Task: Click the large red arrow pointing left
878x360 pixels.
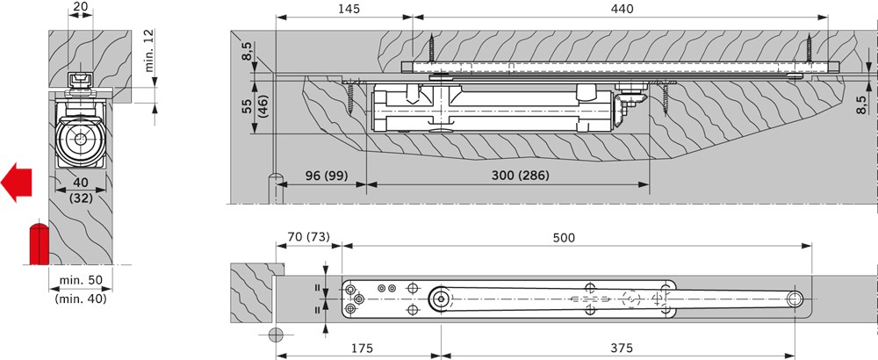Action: point(16,183)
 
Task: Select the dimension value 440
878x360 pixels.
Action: point(623,9)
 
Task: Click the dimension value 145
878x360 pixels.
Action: point(349,9)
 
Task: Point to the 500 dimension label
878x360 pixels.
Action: point(564,237)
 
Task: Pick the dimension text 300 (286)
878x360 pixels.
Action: point(520,176)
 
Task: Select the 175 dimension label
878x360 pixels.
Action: point(361,349)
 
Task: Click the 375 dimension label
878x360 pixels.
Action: point(621,349)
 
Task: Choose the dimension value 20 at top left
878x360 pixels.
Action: point(80,7)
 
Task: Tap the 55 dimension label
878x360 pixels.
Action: point(247,106)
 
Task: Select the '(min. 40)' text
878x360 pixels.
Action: point(80,299)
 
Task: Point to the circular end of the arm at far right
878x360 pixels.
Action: point(795,299)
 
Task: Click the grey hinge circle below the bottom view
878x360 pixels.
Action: point(276,335)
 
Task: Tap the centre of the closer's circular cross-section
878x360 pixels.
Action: point(80,138)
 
